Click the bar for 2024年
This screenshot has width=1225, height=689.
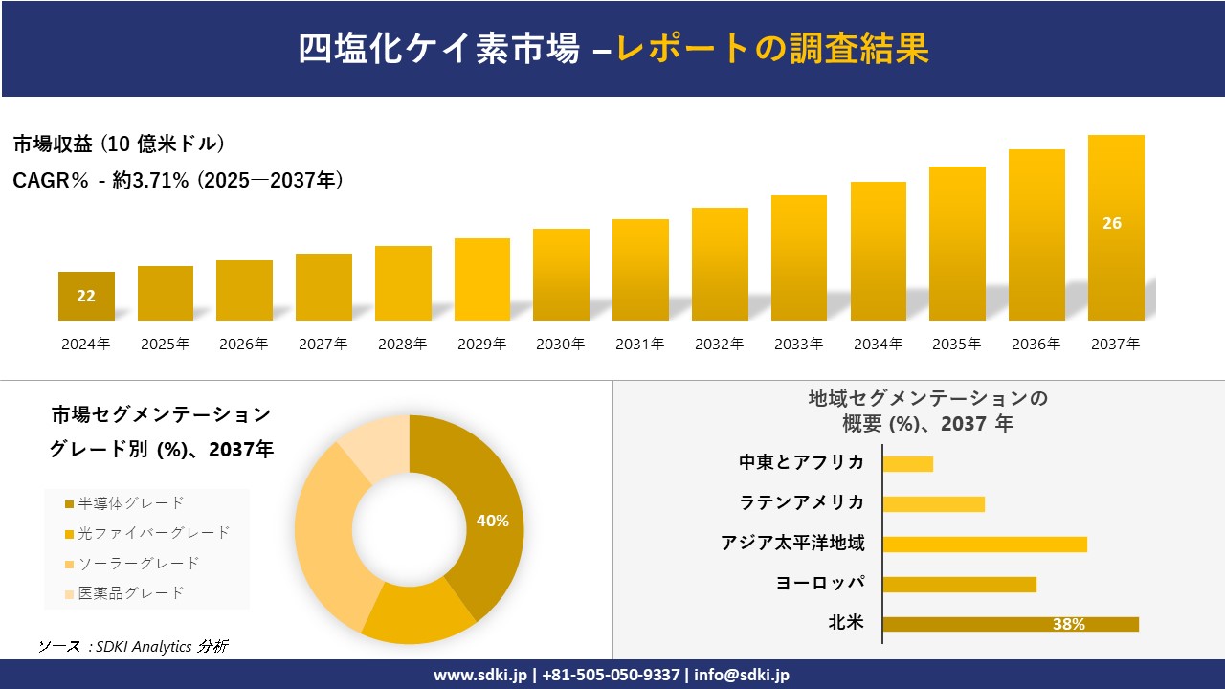click(x=86, y=296)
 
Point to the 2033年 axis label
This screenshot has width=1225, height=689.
click(x=798, y=344)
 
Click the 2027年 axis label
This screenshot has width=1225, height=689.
click(x=323, y=344)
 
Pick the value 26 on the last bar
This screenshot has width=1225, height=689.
click(x=1112, y=223)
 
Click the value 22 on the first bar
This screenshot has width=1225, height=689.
click(x=86, y=296)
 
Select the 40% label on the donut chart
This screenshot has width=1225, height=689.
click(x=492, y=521)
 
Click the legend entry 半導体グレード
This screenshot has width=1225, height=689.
click(x=130, y=503)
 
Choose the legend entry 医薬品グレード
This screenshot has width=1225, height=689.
click(x=130, y=593)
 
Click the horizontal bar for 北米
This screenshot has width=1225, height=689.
click(x=1010, y=624)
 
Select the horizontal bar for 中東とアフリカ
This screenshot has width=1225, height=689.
click(x=907, y=463)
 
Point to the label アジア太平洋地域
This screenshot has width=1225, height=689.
click(x=792, y=544)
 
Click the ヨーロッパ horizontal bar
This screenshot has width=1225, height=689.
click(x=959, y=584)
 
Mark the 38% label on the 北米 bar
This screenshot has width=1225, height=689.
click(x=1068, y=624)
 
